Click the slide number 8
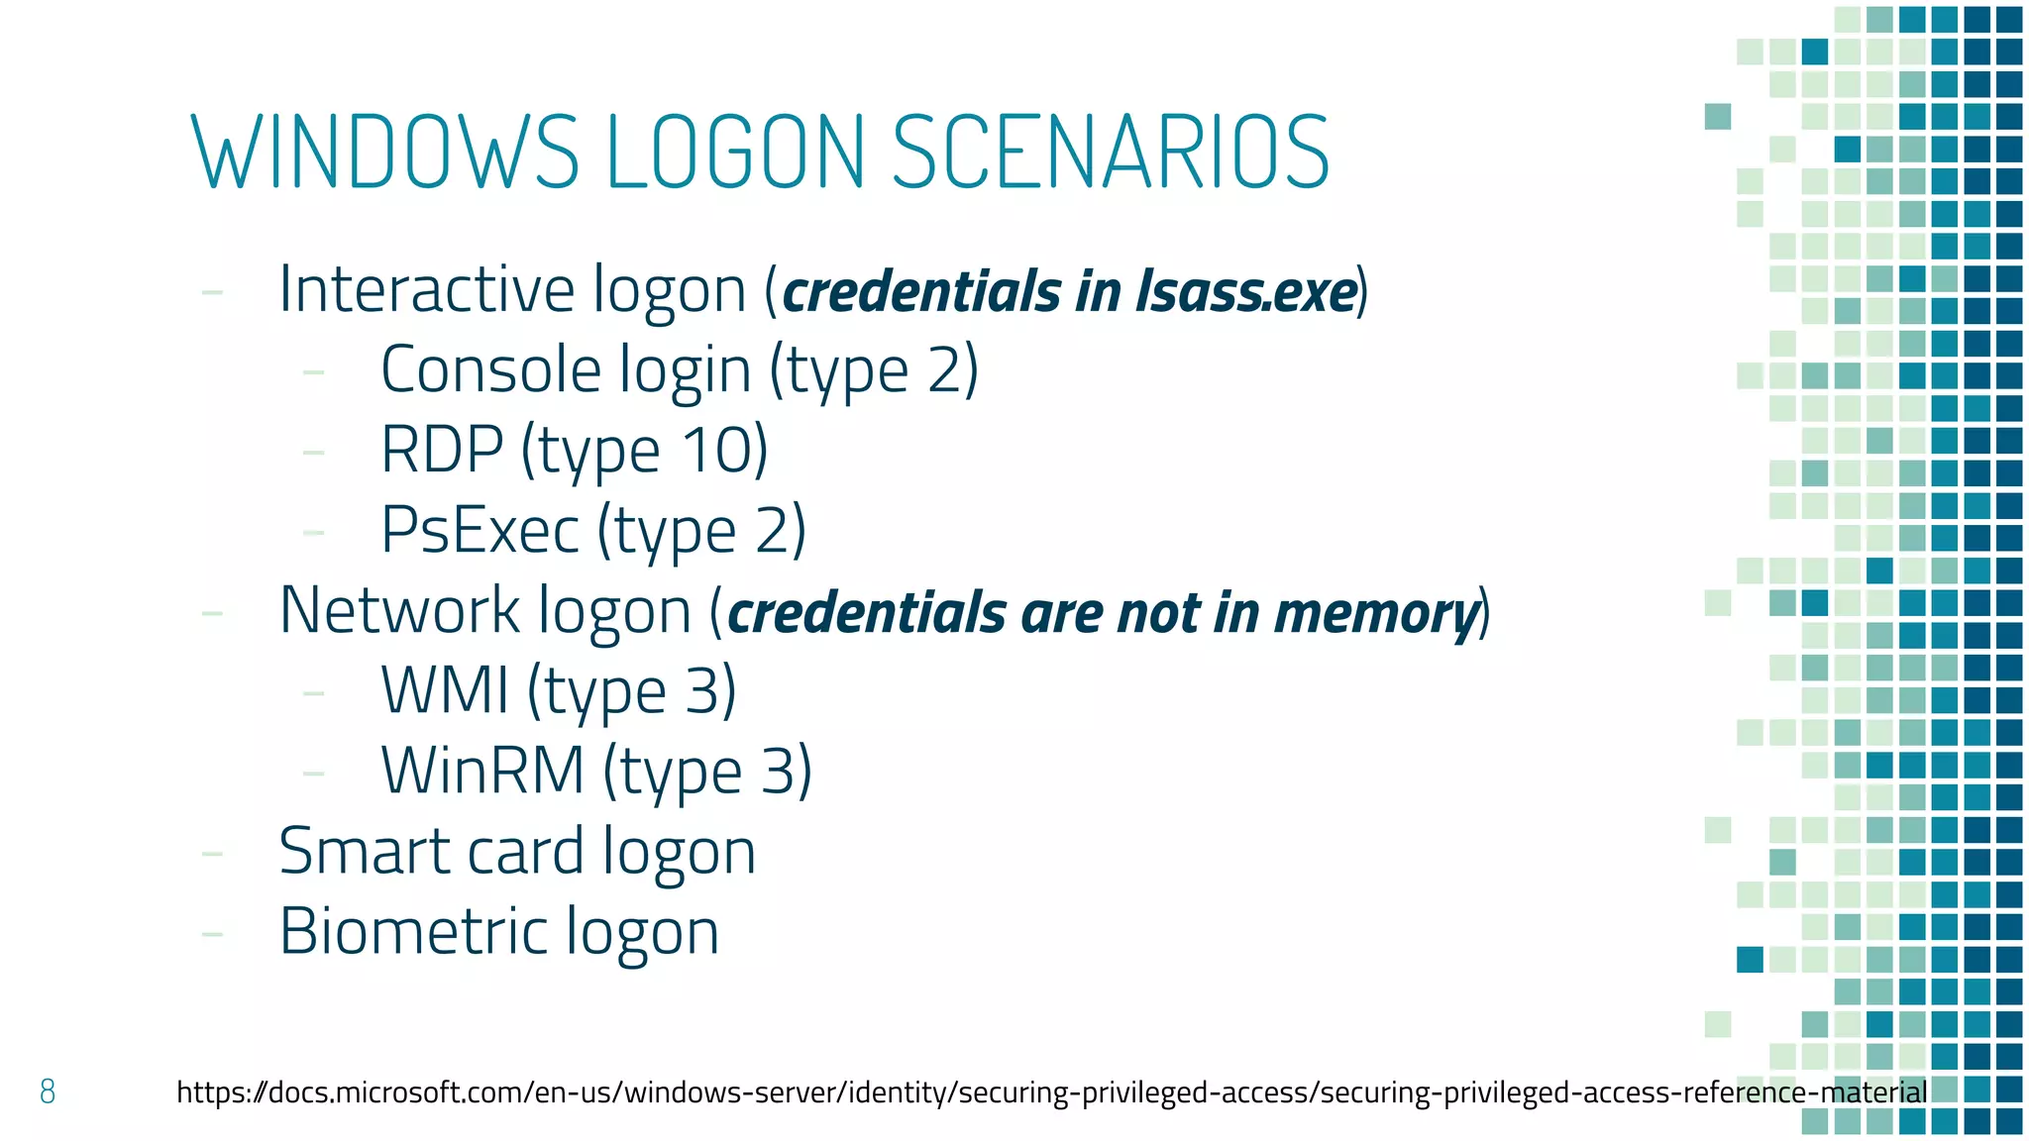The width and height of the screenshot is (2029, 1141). tap(48, 1091)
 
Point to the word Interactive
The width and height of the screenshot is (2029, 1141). tap(426, 289)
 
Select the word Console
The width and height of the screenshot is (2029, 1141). tap(490, 369)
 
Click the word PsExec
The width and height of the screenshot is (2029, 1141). tap(480, 530)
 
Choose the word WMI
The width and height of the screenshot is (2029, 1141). tap(445, 689)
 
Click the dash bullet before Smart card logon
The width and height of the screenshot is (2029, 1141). tap(211, 853)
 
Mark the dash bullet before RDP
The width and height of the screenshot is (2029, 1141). tap(313, 453)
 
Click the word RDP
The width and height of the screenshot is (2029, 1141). tap(442, 450)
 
